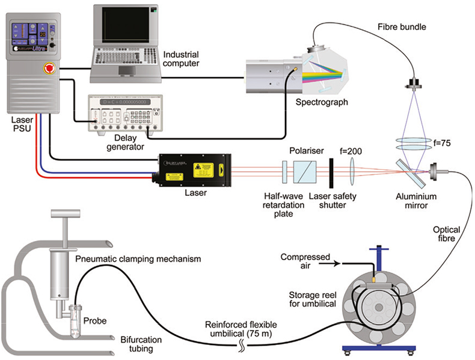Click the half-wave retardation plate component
tap(284, 171)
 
